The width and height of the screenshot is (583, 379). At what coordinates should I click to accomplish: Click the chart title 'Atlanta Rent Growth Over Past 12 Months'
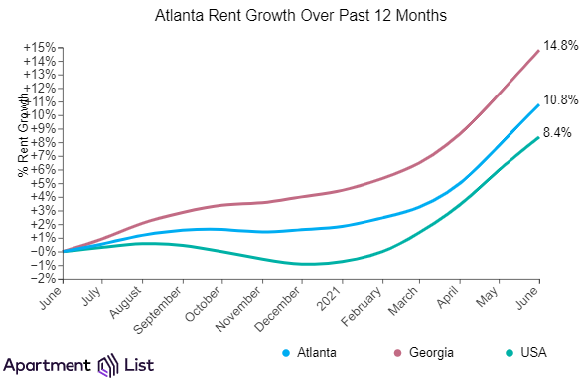[300, 16]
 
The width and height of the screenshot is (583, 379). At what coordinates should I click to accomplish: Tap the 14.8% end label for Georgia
[561, 46]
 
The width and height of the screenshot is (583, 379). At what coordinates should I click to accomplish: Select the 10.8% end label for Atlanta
[561, 100]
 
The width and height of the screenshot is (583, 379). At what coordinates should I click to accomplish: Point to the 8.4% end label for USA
[557, 132]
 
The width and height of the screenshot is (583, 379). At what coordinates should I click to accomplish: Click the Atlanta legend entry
[309, 352]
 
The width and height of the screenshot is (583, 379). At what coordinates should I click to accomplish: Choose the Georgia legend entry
[424, 352]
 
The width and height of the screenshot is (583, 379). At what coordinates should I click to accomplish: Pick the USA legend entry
[526, 352]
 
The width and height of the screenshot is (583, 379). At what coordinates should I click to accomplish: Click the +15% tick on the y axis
[40, 48]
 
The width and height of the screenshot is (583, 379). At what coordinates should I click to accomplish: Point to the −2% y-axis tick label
[43, 279]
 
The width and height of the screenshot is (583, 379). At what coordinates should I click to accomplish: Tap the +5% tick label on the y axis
[43, 184]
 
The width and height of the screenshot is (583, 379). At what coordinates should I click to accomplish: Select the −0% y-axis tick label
[43, 251]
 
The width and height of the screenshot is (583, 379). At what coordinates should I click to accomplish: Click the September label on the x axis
[158, 310]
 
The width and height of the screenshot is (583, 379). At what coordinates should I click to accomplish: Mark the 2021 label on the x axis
[329, 299]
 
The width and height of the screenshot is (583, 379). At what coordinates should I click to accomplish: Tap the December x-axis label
[277, 309]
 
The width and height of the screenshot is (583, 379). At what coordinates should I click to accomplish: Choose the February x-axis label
[362, 306]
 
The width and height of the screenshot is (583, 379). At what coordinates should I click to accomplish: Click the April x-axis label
[448, 297]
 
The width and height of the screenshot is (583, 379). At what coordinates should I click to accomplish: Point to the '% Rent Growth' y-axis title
[23, 134]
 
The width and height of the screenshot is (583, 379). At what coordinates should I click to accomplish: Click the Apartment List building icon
[108, 365]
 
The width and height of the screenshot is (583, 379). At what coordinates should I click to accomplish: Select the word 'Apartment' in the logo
[48, 366]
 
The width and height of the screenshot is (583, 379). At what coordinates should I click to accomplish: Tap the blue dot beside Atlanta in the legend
[286, 353]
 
